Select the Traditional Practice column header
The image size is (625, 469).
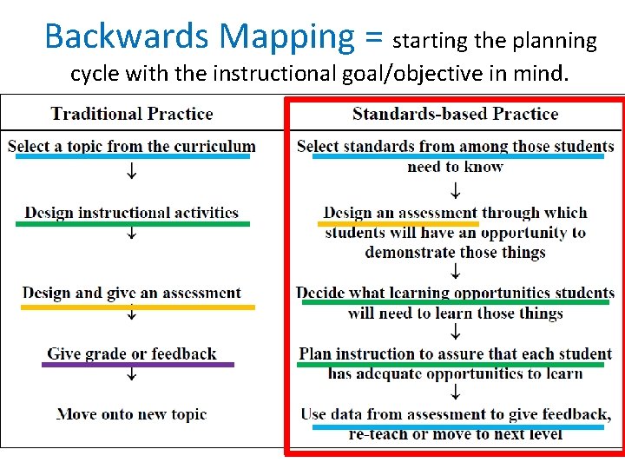click(x=132, y=113)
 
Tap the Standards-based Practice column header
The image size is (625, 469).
click(x=455, y=113)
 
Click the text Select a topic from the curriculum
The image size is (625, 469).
click(x=132, y=146)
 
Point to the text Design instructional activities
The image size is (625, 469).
click(x=132, y=212)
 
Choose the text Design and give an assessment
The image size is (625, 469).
click(x=132, y=293)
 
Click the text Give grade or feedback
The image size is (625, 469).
click(x=132, y=353)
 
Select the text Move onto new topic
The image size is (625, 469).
click(x=132, y=414)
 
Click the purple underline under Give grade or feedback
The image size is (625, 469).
click(x=138, y=365)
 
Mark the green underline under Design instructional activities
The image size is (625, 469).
click(x=132, y=224)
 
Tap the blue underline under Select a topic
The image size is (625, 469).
click(x=132, y=157)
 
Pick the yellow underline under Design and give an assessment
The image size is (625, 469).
click(x=138, y=307)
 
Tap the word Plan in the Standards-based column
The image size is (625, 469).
click(x=315, y=353)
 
